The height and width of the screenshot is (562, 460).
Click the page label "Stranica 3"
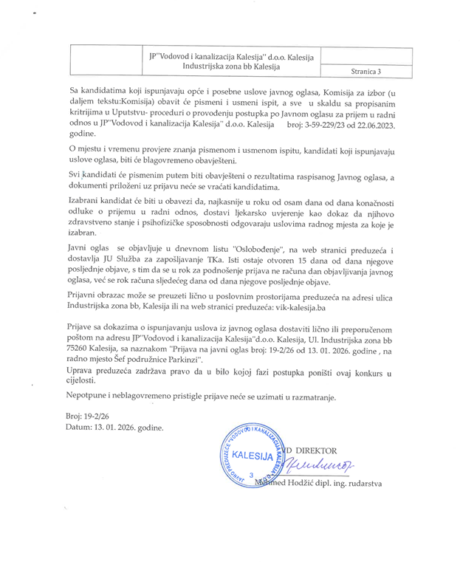pyautogui.click(x=367, y=72)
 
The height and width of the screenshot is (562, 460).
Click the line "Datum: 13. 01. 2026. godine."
pyautogui.click(x=114, y=427)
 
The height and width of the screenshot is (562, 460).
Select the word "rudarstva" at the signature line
pyautogui.click(x=382, y=482)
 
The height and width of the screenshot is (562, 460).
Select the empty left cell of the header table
pyautogui.click(x=106, y=61)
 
